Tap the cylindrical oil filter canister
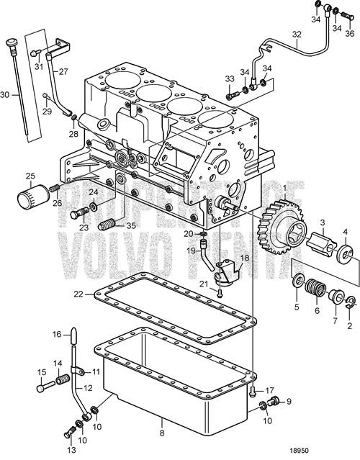(32, 195)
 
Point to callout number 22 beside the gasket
(78, 293)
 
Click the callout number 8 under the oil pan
(162, 432)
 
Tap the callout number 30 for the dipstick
(6, 94)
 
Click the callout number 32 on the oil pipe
(296, 34)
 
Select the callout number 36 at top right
(349, 33)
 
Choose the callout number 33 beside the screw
(230, 78)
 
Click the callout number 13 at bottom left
(71, 449)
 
